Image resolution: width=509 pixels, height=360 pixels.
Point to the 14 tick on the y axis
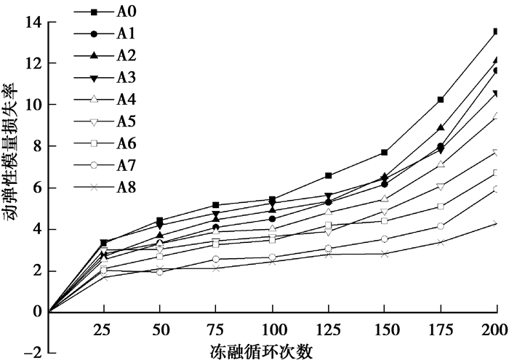[32, 22]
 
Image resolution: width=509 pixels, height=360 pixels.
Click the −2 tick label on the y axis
[29, 354]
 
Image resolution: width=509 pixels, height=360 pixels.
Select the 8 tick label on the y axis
[36, 146]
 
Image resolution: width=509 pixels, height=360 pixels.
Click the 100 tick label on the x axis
[273, 329]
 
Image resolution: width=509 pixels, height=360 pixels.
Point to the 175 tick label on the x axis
[441, 329]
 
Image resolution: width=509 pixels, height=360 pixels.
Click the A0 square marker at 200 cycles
[497, 31]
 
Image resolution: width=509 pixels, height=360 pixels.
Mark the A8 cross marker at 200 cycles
[497, 223]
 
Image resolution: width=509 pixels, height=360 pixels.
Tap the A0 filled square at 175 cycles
[441, 100]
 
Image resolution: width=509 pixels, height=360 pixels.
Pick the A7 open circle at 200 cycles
[497, 189]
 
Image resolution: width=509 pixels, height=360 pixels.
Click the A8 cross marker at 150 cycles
[385, 254]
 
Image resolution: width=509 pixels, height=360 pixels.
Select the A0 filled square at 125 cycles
[329, 175]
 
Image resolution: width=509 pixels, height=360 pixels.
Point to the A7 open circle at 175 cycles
[441, 226]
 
